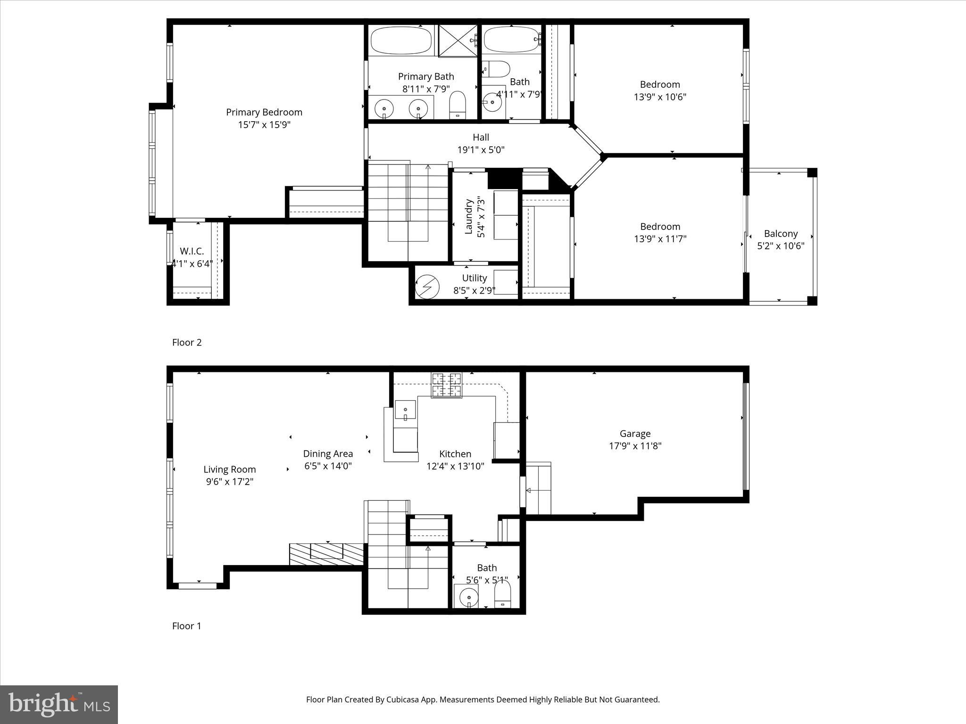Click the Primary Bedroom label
pyautogui.click(x=264, y=112)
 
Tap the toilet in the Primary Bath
pyautogui.click(x=457, y=105)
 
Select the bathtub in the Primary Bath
pyautogui.click(x=401, y=41)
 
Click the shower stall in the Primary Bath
pyautogui.click(x=458, y=41)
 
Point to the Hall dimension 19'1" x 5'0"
pyautogui.click(x=481, y=150)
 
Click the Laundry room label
pyautogui.click(x=469, y=216)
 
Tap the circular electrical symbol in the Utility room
pyautogui.click(x=427, y=287)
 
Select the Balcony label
pyautogui.click(x=781, y=233)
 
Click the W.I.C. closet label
pyautogui.click(x=192, y=251)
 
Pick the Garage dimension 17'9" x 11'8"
pyautogui.click(x=635, y=446)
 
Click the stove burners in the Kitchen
pyautogui.click(x=446, y=385)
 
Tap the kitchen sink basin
pyautogui.click(x=405, y=410)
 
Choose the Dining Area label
pyautogui.click(x=328, y=453)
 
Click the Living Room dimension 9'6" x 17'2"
pyautogui.click(x=229, y=482)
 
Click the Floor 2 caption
pyautogui.click(x=187, y=343)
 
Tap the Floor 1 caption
pyautogui.click(x=187, y=626)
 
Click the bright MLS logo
pyautogui.click(x=59, y=705)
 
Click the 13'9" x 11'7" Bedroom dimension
pyautogui.click(x=660, y=239)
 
